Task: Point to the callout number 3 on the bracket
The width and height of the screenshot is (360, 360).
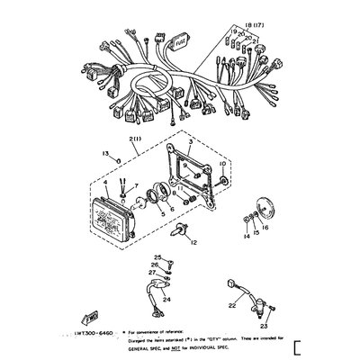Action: point(190,143)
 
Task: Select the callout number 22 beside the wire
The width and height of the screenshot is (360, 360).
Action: point(231,307)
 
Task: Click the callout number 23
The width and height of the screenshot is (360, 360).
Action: point(264,326)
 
